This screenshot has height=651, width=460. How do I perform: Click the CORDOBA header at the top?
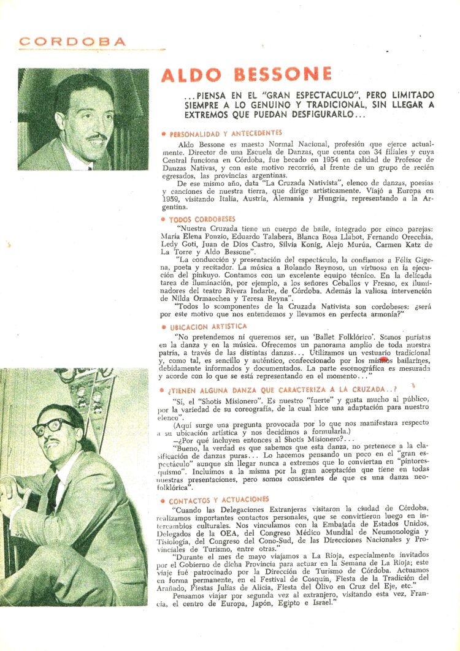(72, 42)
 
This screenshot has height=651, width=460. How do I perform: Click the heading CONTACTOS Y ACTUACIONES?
(219, 500)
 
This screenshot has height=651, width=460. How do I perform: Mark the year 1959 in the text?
(172, 199)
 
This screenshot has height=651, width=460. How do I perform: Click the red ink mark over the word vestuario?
(384, 360)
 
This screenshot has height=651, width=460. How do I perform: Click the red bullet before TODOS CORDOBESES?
(163, 219)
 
